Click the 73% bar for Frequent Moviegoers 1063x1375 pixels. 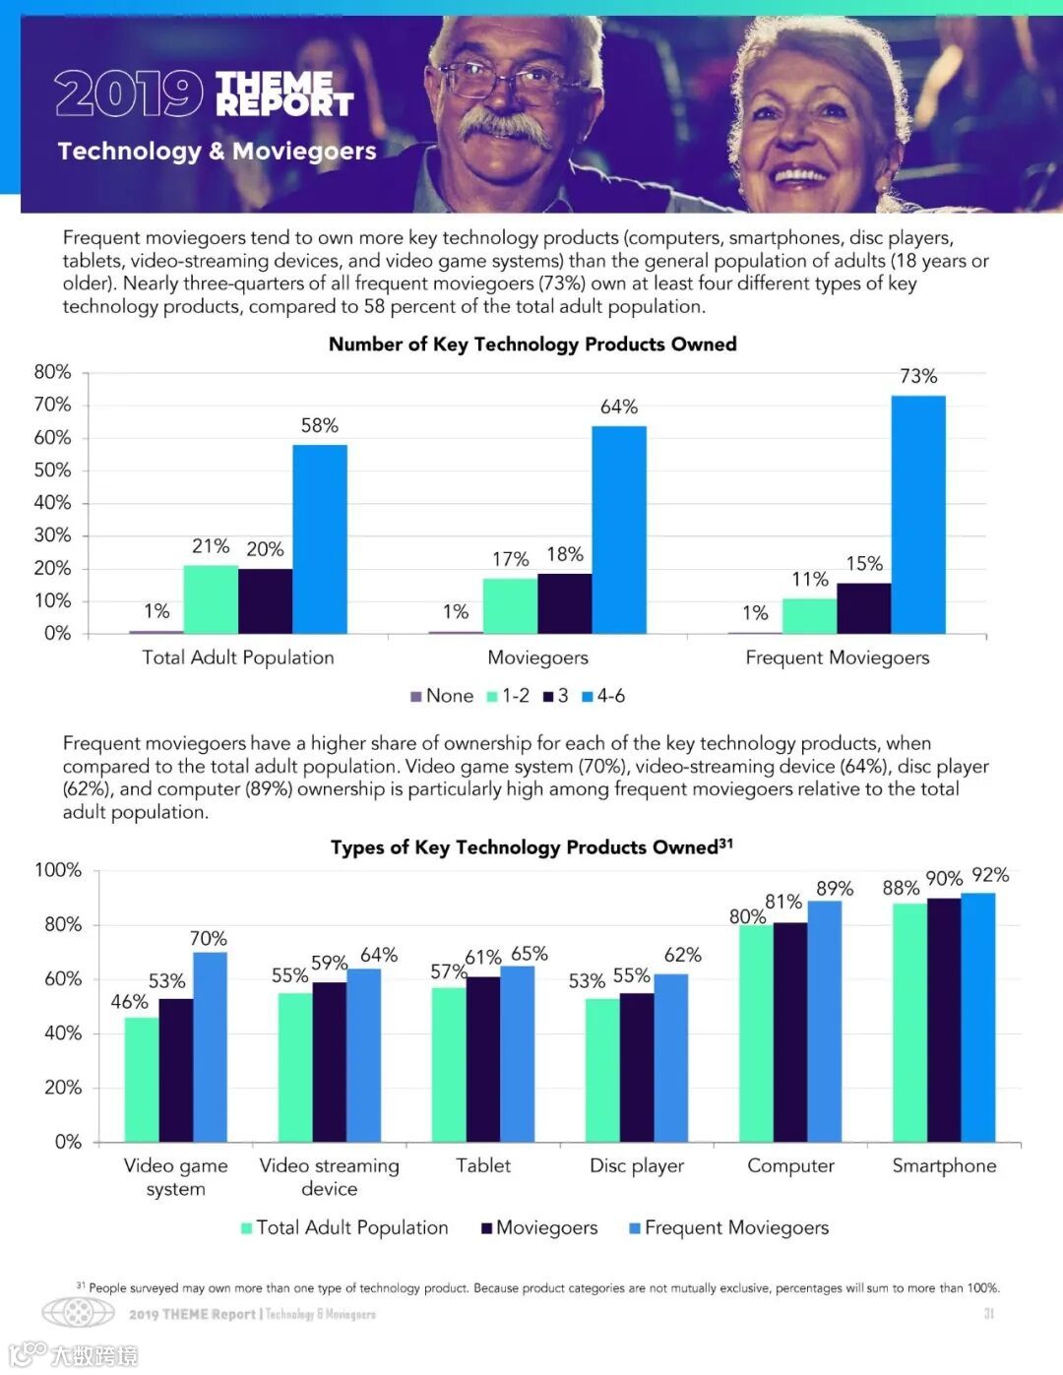pyautogui.click(x=917, y=514)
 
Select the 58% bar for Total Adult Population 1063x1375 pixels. pyautogui.click(x=319, y=538)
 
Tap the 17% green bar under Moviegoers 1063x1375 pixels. pyautogui.click(x=510, y=605)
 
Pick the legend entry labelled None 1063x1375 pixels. pyautogui.click(x=442, y=696)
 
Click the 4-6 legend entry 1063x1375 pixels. pyautogui.click(x=603, y=696)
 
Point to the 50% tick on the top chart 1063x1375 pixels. pyautogui.click(x=52, y=470)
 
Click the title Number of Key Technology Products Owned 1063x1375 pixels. pyautogui.click(x=531, y=344)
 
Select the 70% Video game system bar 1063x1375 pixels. pyautogui.click(x=210, y=1046)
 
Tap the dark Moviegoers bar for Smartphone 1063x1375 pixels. pyautogui.click(x=944, y=1019)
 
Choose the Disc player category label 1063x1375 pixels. pyautogui.click(x=636, y=1165)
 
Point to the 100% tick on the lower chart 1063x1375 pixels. pyautogui.click(x=58, y=870)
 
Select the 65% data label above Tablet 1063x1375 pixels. pyautogui.click(x=530, y=953)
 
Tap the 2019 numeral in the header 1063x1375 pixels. pyautogui.click(x=128, y=94)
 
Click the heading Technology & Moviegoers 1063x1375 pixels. pyautogui.click(x=217, y=151)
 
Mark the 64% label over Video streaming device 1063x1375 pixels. pyautogui.click(x=379, y=954)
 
